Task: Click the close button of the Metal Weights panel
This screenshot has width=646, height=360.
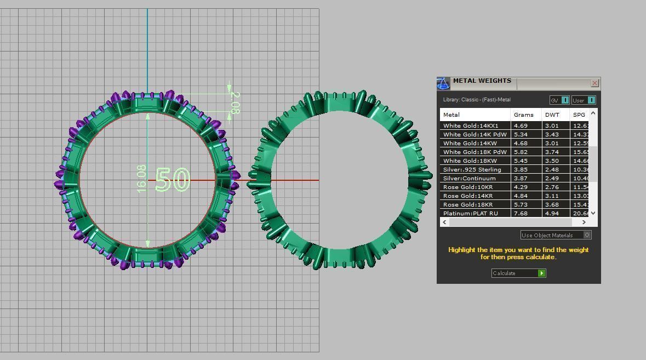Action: pos(594,83)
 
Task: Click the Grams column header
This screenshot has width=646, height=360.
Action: pos(523,115)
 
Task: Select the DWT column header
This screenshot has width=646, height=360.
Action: pos(552,115)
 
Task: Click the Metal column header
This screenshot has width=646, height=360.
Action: pos(451,115)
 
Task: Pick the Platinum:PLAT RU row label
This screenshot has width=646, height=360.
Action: pos(470,213)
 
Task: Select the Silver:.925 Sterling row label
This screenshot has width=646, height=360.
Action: pos(472,169)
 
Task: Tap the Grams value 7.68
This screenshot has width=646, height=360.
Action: pos(521,213)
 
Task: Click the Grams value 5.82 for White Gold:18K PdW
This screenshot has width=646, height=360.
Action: pos(521,152)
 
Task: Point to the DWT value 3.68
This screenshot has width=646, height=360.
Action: pos(552,204)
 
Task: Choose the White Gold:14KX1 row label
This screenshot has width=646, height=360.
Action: pos(471,125)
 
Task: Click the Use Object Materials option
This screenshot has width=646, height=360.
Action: pos(555,235)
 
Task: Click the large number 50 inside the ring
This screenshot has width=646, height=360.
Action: pos(173,180)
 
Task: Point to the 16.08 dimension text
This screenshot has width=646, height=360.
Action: pos(141,178)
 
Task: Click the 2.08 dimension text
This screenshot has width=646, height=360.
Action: pos(235,103)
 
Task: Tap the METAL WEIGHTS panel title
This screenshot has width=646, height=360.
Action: pos(482,81)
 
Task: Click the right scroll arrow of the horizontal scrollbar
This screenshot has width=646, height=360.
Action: pos(584,222)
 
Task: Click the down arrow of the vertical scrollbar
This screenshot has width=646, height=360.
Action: pos(593,213)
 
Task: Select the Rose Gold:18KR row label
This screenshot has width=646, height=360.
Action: pos(467,204)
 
